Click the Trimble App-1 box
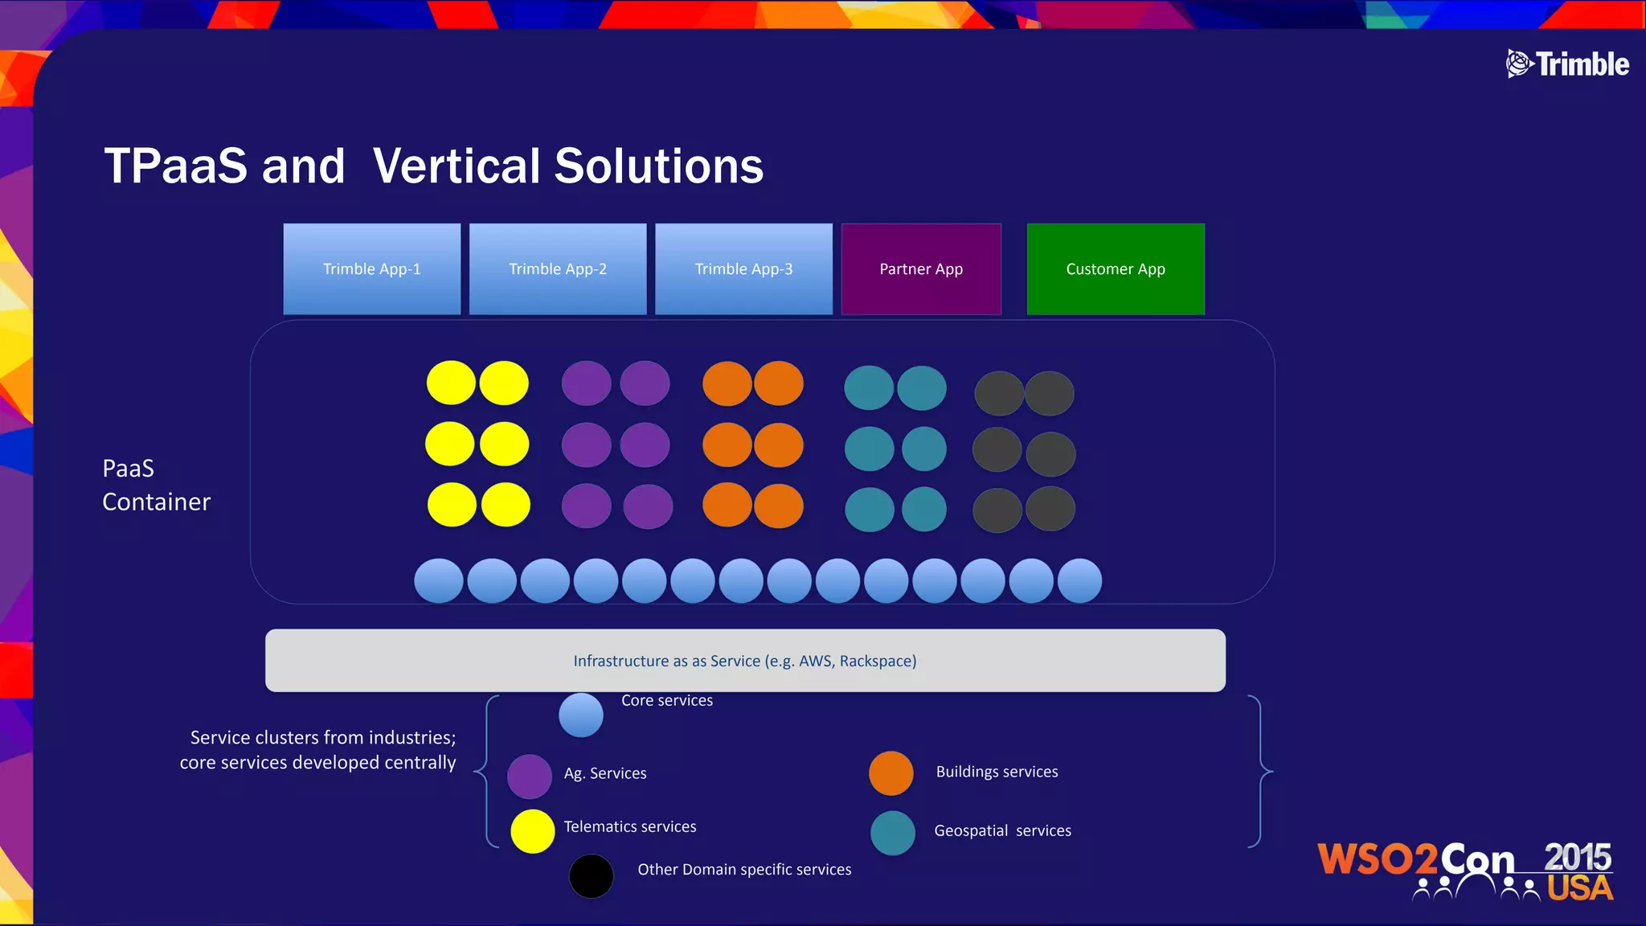click(x=371, y=268)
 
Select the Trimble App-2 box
click(x=558, y=268)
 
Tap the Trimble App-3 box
click(x=743, y=268)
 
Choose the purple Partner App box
click(x=921, y=268)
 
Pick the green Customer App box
click(x=1116, y=268)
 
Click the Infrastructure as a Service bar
click(x=745, y=661)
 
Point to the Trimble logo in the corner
click(x=1567, y=64)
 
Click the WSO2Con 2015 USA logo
click(x=1465, y=871)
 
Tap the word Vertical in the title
click(x=455, y=166)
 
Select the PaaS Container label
click(x=156, y=485)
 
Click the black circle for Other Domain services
click(x=592, y=876)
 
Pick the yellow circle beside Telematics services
click(x=533, y=831)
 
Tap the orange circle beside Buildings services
click(x=891, y=773)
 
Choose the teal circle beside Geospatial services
click(x=893, y=833)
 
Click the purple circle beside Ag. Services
click(x=530, y=776)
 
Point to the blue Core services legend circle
click(x=581, y=715)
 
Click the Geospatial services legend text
click(x=1002, y=830)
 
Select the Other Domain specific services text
click(x=744, y=870)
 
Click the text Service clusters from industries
click(x=323, y=737)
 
